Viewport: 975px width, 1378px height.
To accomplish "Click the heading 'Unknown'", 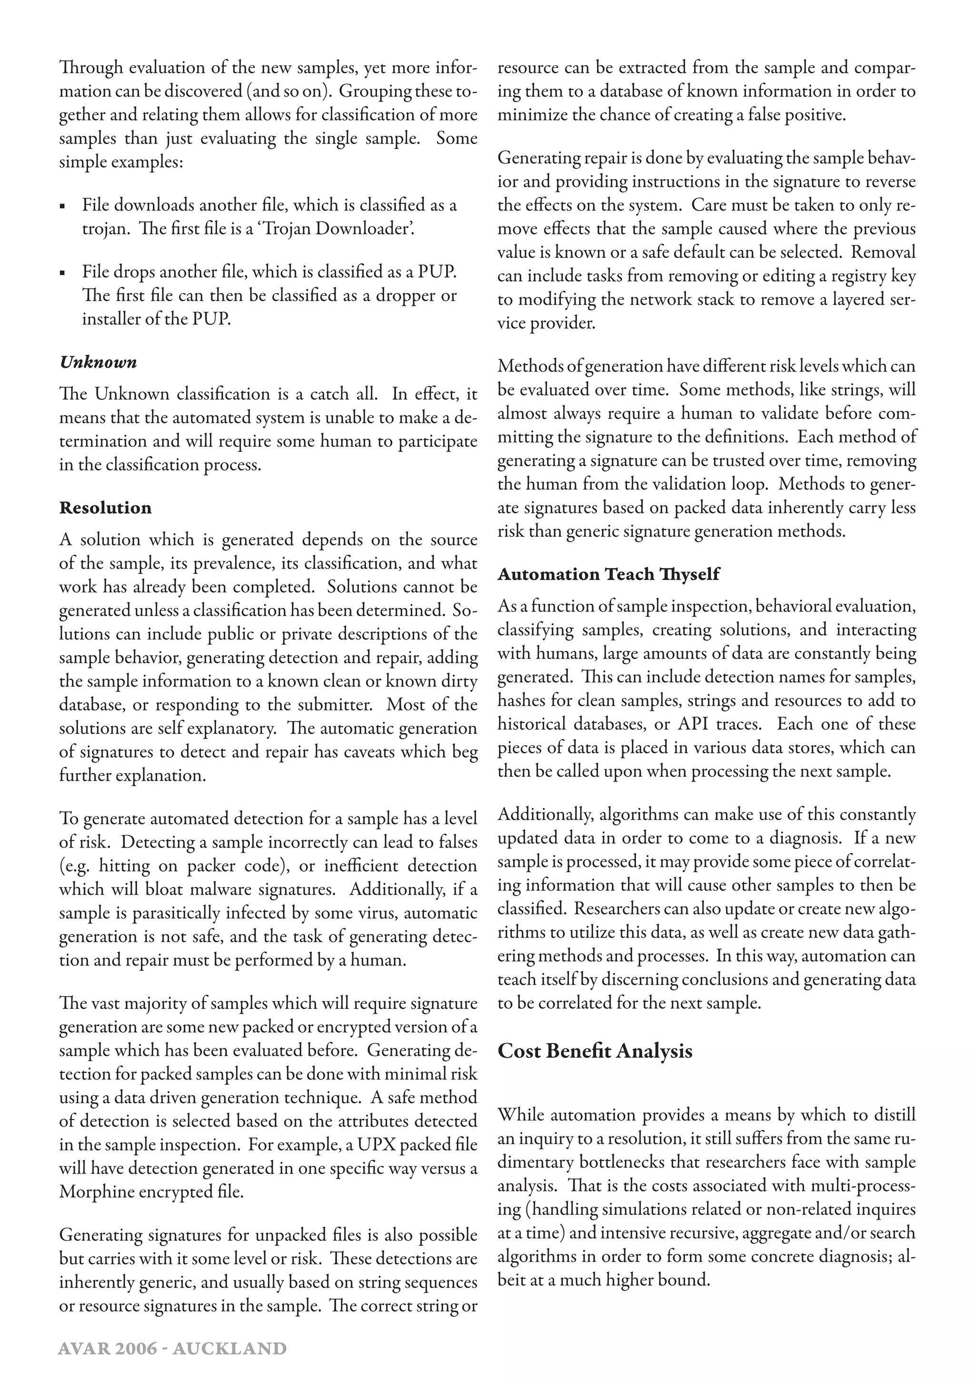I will click(99, 363).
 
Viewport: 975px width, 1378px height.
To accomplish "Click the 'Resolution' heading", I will click(106, 508).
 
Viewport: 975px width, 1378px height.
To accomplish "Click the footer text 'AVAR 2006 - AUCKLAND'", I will click(172, 1348).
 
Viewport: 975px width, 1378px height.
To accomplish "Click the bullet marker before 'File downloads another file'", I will click(62, 207).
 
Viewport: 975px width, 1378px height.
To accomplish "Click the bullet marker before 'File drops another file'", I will click(62, 274).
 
